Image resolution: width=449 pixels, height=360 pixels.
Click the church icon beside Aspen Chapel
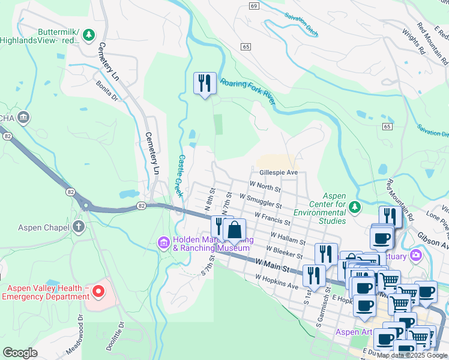(x=78, y=226)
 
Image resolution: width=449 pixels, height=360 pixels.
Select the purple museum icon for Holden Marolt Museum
(x=163, y=242)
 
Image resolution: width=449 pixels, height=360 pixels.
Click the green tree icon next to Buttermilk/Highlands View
(x=89, y=35)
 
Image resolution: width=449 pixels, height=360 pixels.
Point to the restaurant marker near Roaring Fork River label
(x=205, y=83)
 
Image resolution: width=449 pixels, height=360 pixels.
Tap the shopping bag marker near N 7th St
(x=235, y=230)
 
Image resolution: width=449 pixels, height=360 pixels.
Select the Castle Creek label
(x=180, y=176)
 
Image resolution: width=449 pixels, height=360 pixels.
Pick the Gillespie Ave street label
(x=279, y=172)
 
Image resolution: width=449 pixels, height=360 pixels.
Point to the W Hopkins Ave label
(x=276, y=282)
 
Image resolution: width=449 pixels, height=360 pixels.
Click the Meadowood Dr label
(x=79, y=336)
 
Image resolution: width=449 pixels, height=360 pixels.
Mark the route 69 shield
(x=254, y=5)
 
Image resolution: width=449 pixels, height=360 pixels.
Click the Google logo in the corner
(x=20, y=353)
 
